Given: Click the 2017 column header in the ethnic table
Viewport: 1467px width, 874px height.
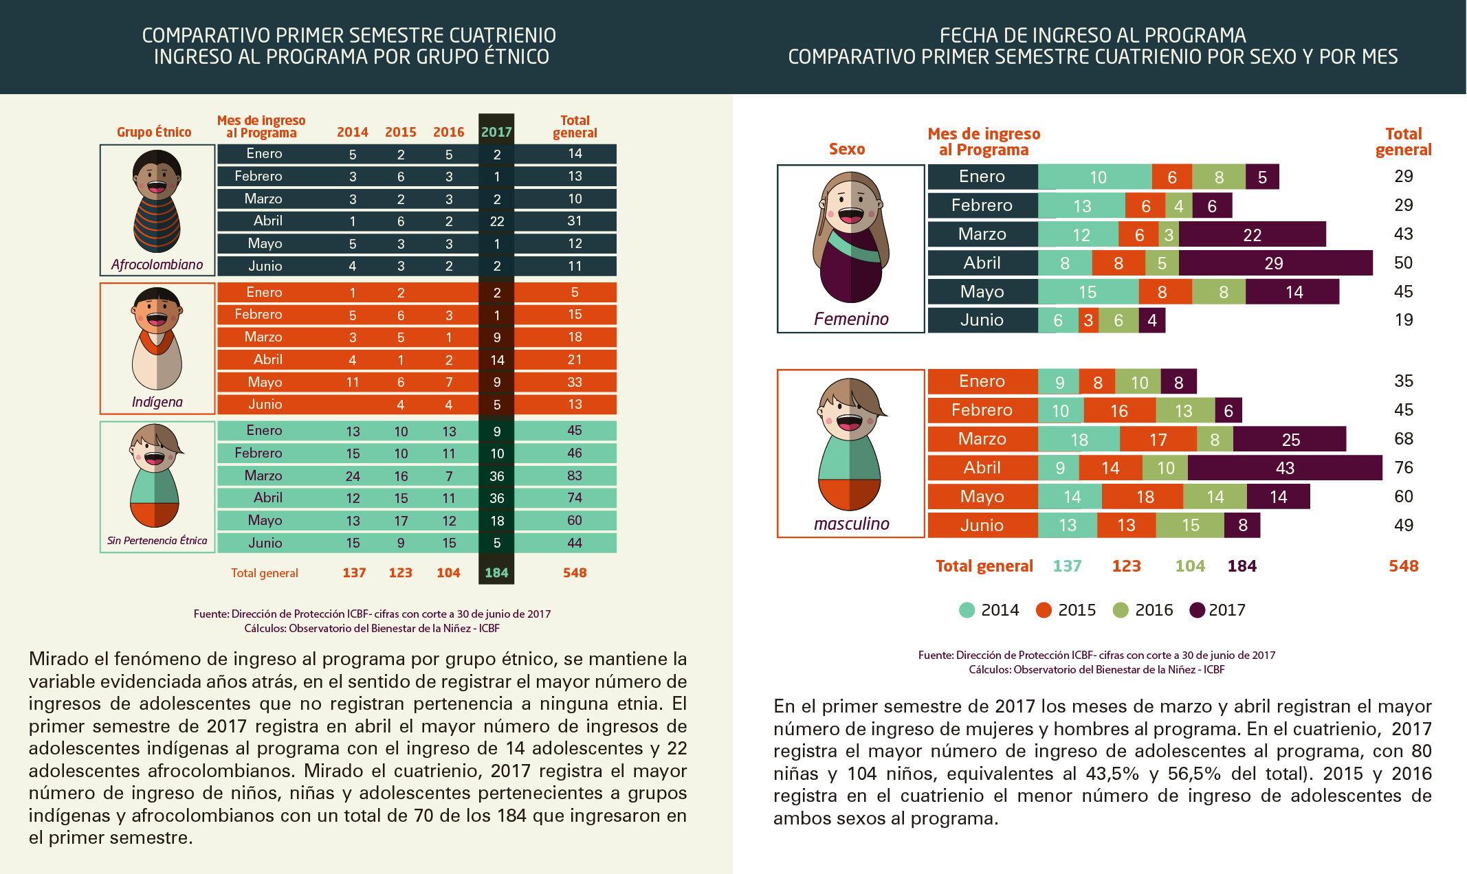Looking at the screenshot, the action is pos(496,132).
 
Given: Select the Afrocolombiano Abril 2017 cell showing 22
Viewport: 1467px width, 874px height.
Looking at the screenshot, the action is pos(497,221).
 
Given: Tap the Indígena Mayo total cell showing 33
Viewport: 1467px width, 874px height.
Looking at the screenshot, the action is pos(575,382).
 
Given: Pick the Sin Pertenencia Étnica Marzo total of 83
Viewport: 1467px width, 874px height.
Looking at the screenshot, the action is pos(575,475).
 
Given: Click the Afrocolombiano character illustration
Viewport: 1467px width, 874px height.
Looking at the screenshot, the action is pos(157,201).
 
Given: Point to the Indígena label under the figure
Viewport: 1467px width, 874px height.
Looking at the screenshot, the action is pos(157,402).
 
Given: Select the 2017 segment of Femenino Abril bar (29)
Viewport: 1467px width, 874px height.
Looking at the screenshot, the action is pos(1275,263).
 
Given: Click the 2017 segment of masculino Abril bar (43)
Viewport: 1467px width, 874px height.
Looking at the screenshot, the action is pos(1285,468).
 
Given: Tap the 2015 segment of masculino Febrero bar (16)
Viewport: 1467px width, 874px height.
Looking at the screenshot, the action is pos(1119,411).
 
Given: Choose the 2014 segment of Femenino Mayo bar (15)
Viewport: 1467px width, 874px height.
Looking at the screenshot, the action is pos(1088,292).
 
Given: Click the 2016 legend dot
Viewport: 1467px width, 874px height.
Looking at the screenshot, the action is pos(1121,610).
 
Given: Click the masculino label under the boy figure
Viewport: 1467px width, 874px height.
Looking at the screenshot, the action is pos(852,524).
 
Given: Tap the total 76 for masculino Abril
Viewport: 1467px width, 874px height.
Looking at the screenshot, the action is pos(1404,468).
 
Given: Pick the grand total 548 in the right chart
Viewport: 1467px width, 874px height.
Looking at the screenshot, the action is pos(1404,566).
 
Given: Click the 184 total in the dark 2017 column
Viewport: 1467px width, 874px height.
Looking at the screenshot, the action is pos(496,573).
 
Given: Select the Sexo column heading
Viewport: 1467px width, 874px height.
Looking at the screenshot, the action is pos(847,149).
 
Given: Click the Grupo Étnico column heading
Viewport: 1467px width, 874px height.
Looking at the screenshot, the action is pos(154,132).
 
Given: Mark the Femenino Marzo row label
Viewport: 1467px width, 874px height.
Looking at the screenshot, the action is pos(982,234).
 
